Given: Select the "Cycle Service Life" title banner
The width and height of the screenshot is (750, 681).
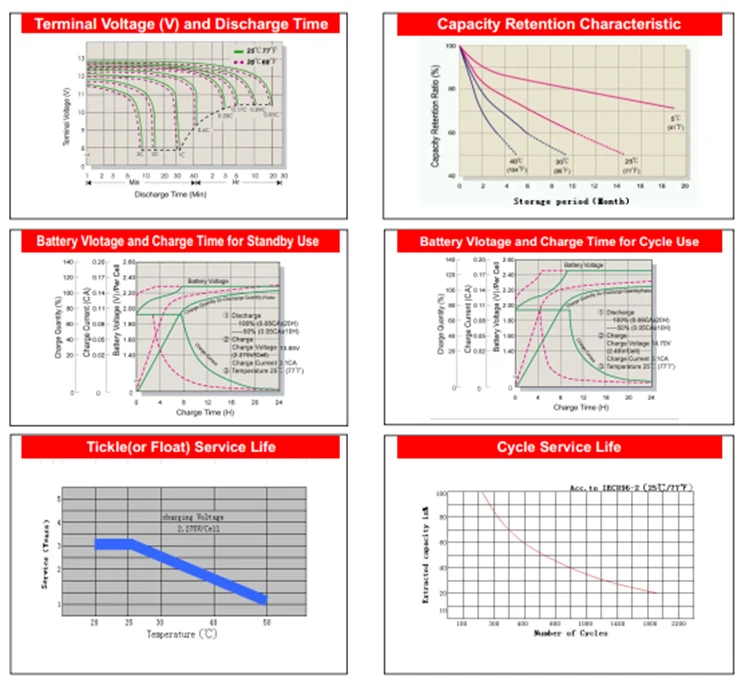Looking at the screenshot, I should [559, 446].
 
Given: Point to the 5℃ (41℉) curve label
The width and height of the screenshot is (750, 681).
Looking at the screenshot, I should [676, 124].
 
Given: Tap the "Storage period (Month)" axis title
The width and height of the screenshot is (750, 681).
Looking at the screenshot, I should [568, 201].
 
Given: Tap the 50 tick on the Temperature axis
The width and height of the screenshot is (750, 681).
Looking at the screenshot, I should [266, 622].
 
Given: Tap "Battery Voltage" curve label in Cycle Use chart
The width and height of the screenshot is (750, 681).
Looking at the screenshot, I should [584, 265].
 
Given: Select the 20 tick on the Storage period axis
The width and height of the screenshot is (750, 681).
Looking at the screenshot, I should [685, 187].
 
